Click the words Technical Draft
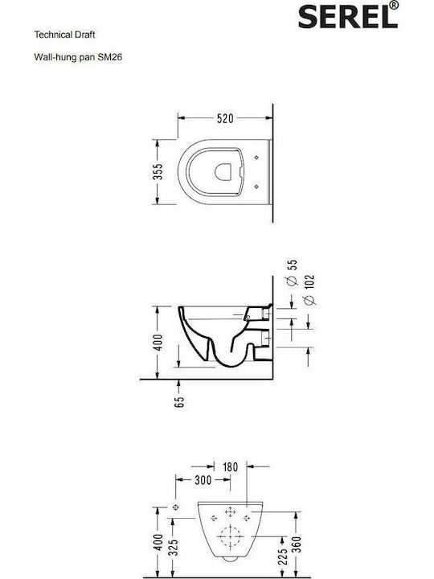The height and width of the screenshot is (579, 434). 64,35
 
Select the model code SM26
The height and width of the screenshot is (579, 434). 109,57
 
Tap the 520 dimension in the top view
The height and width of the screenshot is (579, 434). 225,118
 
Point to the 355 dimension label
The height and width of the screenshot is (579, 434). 158,171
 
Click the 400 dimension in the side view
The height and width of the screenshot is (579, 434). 158,343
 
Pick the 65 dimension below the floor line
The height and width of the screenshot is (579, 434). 178,402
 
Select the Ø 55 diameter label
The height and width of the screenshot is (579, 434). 292,273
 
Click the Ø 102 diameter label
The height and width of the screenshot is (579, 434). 310,289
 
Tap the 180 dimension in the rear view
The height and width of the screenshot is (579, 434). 230,466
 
